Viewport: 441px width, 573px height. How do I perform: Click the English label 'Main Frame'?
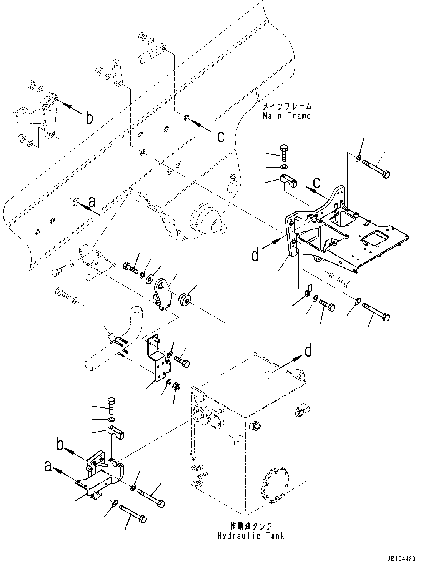pyautogui.click(x=286, y=115)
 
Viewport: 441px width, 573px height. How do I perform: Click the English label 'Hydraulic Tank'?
pyautogui.click(x=251, y=536)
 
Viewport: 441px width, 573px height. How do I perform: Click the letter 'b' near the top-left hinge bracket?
pyautogui.click(x=89, y=118)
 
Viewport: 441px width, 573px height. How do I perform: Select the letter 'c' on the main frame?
pyautogui.click(x=221, y=136)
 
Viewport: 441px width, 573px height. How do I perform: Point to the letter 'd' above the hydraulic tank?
pyautogui.click(x=308, y=351)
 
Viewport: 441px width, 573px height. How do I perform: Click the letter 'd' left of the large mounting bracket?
pyautogui.click(x=255, y=254)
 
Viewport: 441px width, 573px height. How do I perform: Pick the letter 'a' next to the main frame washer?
pyautogui.click(x=92, y=201)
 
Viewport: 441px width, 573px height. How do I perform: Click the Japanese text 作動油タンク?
pyautogui.click(x=251, y=526)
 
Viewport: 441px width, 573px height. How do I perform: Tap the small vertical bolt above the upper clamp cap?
pyautogui.click(x=284, y=153)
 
